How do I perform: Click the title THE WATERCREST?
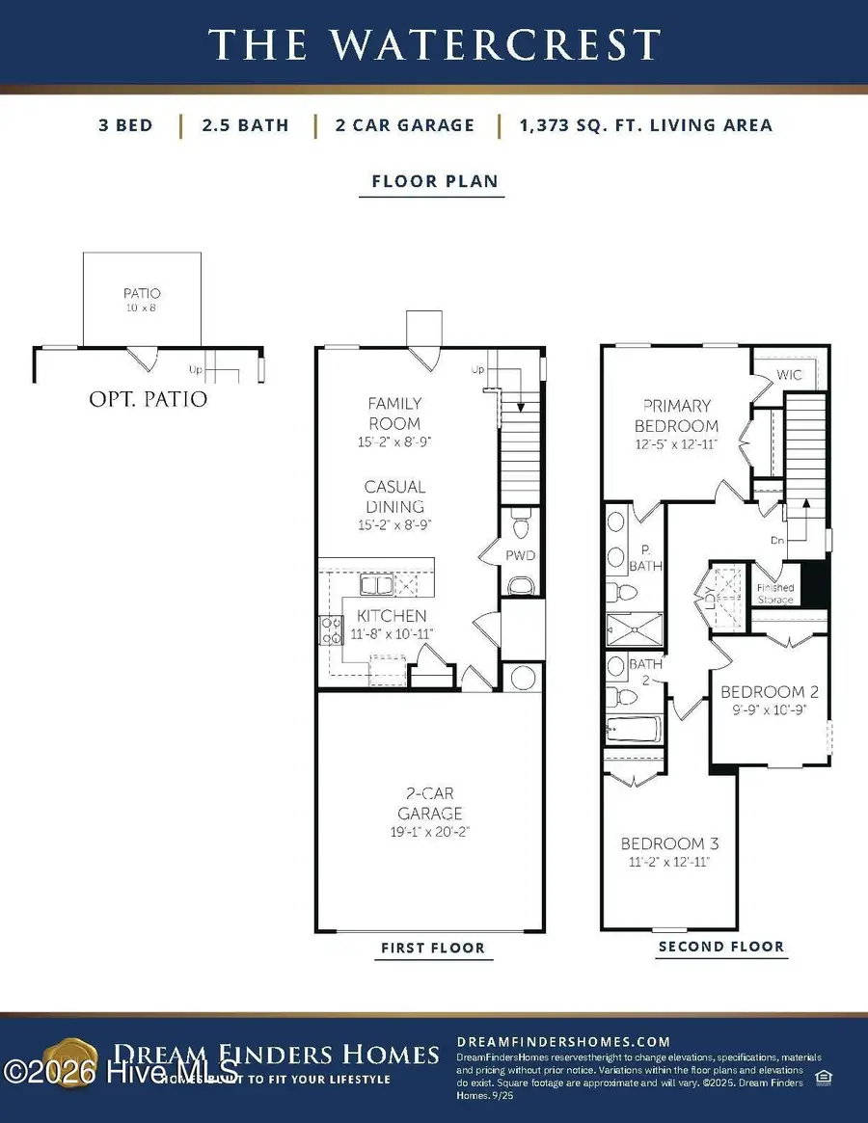[x=434, y=44]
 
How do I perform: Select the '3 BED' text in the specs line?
[x=125, y=125]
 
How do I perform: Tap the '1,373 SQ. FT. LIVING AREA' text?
[x=644, y=125]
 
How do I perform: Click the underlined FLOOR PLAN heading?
[x=433, y=181]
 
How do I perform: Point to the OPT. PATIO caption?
[x=147, y=398]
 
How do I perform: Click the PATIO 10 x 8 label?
[x=141, y=299]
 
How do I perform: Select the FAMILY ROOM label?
[x=394, y=414]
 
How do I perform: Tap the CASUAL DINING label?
[x=394, y=496]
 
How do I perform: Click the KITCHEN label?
[x=392, y=616]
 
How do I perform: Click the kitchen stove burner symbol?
[x=331, y=629]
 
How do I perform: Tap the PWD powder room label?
[x=520, y=556]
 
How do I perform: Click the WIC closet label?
[x=789, y=375]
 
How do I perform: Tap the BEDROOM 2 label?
[x=770, y=691]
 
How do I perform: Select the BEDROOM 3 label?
[x=668, y=843]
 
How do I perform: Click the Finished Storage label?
[x=774, y=594]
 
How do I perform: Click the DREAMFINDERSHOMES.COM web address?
[x=562, y=1041]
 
